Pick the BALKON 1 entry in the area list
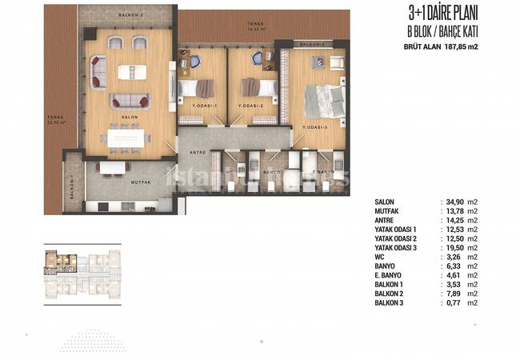(x=394, y=284)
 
